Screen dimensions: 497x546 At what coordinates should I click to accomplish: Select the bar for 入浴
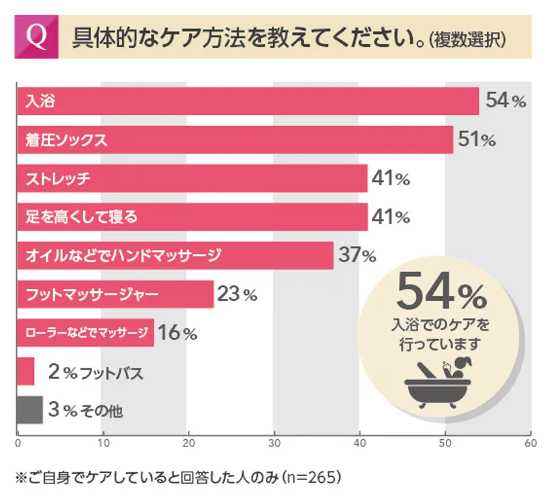247,101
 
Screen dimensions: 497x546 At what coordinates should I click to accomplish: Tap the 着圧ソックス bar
234,140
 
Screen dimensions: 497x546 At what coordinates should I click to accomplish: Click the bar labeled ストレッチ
192,178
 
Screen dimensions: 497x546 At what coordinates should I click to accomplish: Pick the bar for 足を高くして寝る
192,216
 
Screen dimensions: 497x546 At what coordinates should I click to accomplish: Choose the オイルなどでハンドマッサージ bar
174,255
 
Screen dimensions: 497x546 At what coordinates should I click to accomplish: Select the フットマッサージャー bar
114,294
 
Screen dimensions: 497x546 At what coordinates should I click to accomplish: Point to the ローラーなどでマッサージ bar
85,333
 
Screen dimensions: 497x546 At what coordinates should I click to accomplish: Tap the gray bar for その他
29,410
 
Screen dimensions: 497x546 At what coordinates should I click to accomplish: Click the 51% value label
476,140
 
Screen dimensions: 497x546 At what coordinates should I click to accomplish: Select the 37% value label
357,255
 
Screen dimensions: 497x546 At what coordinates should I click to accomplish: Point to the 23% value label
237,294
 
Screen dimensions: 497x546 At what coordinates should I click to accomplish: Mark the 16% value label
177,333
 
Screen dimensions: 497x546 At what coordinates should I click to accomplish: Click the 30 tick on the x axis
274,444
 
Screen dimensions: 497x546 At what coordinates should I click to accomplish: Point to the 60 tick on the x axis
530,444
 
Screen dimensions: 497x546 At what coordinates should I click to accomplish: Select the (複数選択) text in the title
467,40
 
